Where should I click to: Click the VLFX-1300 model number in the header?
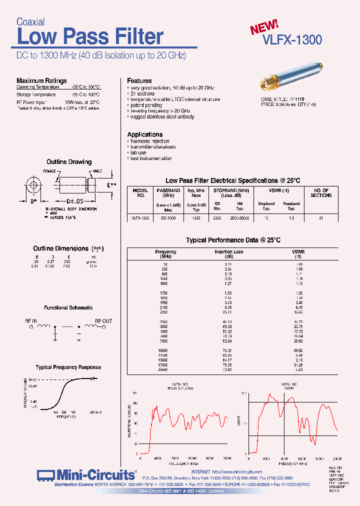click(x=292, y=40)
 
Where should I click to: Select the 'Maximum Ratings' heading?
click(x=41, y=80)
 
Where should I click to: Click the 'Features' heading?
click(x=139, y=80)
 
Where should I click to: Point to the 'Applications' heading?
click(x=144, y=134)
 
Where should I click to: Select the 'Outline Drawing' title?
click(x=69, y=162)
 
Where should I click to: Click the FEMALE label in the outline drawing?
click(x=50, y=171)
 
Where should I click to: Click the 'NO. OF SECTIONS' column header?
click(x=321, y=193)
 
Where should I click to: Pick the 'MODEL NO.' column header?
click(x=140, y=193)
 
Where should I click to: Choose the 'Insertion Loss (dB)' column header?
click(x=228, y=254)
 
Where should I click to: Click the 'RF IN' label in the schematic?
click(x=31, y=321)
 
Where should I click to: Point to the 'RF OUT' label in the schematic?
click(x=103, y=321)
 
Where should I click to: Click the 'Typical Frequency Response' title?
click(x=68, y=367)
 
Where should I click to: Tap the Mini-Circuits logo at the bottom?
click(x=86, y=475)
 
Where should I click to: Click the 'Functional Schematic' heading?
click(x=68, y=308)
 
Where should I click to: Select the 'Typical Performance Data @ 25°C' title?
click(x=233, y=240)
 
